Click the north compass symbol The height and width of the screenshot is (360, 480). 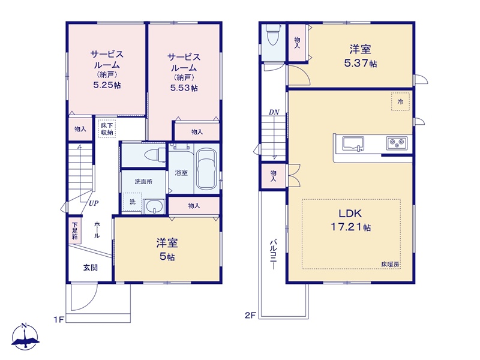25,337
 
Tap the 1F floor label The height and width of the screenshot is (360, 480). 59,320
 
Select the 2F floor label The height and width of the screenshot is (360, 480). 250,316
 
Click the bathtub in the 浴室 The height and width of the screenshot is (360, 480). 206,169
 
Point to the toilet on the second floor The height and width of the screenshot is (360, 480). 272,35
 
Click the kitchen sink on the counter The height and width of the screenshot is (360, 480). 353,144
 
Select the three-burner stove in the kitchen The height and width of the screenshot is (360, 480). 397,143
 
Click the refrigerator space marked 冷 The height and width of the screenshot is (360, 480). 400,101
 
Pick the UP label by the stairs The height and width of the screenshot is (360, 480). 94,203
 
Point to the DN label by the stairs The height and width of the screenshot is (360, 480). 274,112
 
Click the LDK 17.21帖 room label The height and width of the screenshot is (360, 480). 350,220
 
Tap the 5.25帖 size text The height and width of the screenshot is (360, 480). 107,85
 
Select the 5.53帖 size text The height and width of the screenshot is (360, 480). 184,88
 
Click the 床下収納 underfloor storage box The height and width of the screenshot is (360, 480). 107,129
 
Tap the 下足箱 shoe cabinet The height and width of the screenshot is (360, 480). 74,230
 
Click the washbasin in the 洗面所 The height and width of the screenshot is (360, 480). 154,206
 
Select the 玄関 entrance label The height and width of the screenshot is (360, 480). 91,268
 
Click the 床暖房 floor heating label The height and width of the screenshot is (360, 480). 391,265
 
